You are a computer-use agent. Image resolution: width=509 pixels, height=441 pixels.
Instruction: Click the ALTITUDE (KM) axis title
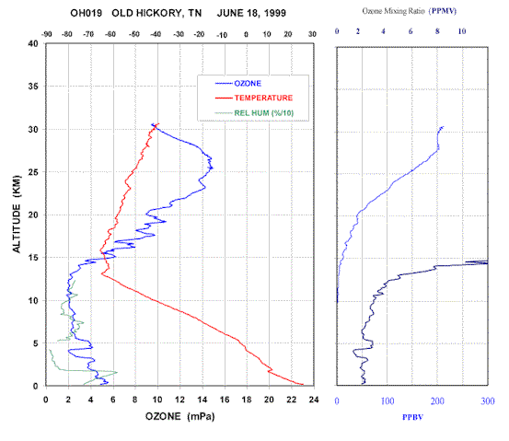17,215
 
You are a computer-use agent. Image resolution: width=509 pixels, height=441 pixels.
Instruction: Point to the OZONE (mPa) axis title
179,416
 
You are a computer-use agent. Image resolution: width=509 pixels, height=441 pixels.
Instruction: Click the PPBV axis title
412,417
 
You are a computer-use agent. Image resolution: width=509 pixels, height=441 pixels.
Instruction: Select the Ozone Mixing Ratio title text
393,11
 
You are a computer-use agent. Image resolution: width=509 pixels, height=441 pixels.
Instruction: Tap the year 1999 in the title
274,13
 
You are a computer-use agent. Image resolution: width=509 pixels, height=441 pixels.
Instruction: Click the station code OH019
86,13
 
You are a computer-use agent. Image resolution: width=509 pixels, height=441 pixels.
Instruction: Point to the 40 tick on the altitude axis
33,43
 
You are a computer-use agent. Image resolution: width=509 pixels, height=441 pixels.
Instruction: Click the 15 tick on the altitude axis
33,258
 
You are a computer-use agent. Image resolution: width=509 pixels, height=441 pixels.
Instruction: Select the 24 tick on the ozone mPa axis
314,400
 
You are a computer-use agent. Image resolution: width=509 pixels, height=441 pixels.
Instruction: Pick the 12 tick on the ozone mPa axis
179,400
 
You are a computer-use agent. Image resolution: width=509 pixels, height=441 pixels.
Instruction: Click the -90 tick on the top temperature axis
47,34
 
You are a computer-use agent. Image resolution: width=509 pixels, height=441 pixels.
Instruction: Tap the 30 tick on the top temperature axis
312,34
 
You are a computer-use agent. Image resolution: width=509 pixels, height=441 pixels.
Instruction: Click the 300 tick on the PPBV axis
488,401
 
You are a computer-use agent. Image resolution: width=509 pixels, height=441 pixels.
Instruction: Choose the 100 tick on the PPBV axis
388,401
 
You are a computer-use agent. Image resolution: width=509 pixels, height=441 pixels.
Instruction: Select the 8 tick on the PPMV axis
437,31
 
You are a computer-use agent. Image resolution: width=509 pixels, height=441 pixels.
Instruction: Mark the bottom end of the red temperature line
303,385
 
